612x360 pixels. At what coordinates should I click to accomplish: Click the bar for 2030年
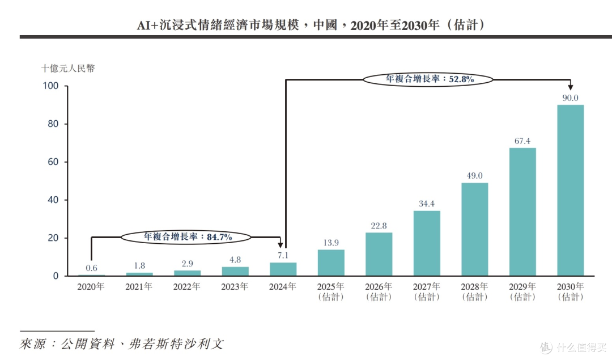(570, 190)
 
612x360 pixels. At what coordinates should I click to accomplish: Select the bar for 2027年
(427, 243)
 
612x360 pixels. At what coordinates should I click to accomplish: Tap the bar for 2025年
(331, 263)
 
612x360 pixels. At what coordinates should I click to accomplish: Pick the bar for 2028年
(475, 229)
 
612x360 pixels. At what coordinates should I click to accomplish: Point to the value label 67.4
(522, 141)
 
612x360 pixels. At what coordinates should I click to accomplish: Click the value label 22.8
(379, 226)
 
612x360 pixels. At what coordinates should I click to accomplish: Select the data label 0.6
(91, 268)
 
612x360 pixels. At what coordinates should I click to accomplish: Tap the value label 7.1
(283, 255)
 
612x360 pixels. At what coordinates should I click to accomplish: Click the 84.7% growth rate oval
(186, 236)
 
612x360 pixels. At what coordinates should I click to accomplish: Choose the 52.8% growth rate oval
(428, 79)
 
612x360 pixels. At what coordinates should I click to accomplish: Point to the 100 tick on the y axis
(51, 86)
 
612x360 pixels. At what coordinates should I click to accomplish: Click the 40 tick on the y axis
(53, 200)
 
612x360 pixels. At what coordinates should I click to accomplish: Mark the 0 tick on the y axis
(56, 276)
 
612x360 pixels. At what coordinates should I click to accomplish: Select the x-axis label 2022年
(186, 287)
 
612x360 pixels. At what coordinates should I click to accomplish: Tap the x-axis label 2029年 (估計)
(522, 291)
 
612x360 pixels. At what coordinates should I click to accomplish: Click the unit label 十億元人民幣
(68, 69)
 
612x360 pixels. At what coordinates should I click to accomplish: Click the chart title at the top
(311, 25)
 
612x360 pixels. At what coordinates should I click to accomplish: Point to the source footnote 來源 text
(121, 344)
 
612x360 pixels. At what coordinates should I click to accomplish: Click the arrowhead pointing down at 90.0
(570, 87)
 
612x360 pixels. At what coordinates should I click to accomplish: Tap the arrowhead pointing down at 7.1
(280, 245)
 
